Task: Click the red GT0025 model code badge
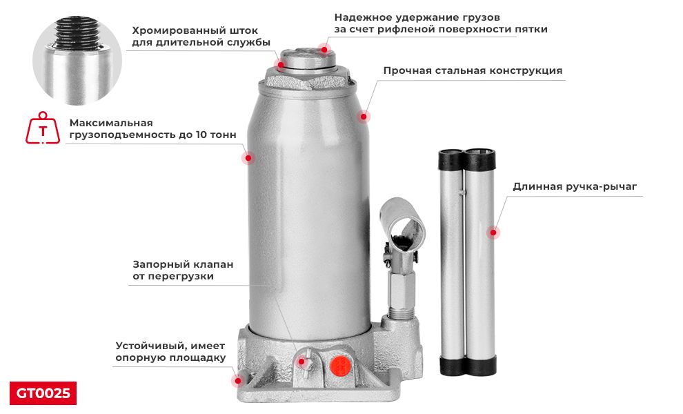(43, 393)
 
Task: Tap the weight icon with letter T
(43, 129)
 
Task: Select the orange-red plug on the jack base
(338, 365)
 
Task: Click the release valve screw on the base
(304, 359)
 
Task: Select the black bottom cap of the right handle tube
(482, 364)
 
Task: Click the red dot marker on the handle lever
(493, 233)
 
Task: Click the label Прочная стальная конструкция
(473, 70)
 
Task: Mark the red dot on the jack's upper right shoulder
(364, 116)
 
